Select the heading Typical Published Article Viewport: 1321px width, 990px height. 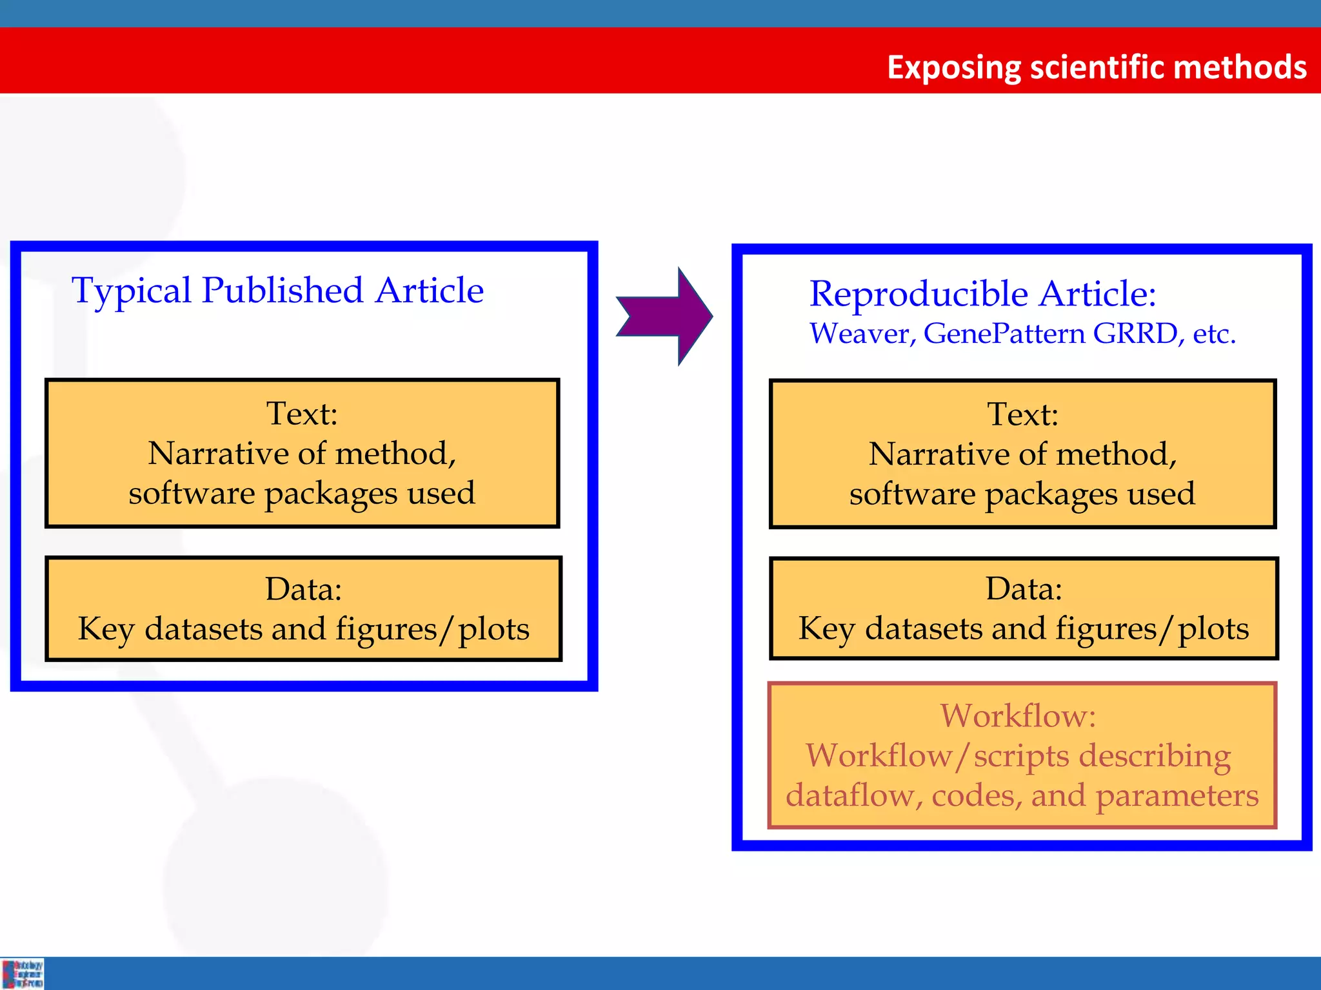[x=277, y=290]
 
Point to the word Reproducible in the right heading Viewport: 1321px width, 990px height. [x=919, y=294]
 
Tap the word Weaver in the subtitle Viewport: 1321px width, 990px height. [x=860, y=334]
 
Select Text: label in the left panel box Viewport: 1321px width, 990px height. [x=302, y=413]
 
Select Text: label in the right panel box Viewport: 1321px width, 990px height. [x=1023, y=414]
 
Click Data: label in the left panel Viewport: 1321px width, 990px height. [x=303, y=588]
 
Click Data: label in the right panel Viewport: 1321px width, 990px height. [x=1024, y=588]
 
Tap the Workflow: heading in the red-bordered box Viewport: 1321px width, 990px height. [x=1018, y=715]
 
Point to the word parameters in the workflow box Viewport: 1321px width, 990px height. [x=1177, y=796]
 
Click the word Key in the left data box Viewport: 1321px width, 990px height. [x=106, y=629]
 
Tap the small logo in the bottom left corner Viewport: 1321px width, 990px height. [x=23, y=973]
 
